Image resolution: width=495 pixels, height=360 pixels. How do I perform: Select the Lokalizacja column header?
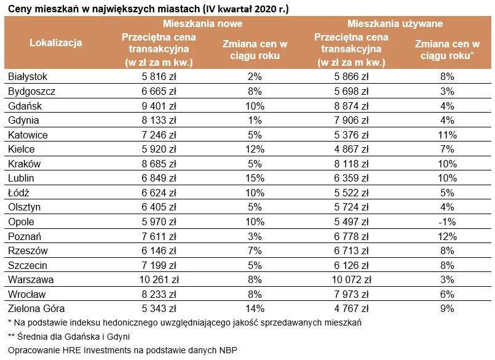55,42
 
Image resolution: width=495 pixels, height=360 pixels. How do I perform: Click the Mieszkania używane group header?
395,23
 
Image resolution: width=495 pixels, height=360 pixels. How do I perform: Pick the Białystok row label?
28,77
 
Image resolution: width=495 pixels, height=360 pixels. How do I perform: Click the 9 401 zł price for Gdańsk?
159,106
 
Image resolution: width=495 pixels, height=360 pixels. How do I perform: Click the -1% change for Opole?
446,222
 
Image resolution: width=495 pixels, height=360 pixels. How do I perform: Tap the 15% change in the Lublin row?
255,178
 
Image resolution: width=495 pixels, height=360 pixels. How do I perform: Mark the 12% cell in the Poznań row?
446,236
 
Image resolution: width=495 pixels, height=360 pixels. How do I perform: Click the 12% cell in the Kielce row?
255,150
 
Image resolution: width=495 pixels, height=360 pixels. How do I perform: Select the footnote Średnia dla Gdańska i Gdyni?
69,337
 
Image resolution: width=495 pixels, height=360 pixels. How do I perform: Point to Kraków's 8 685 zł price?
159,164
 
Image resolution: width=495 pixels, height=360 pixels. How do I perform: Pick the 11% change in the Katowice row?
446,135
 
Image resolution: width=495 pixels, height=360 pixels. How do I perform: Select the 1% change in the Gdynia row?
255,121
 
